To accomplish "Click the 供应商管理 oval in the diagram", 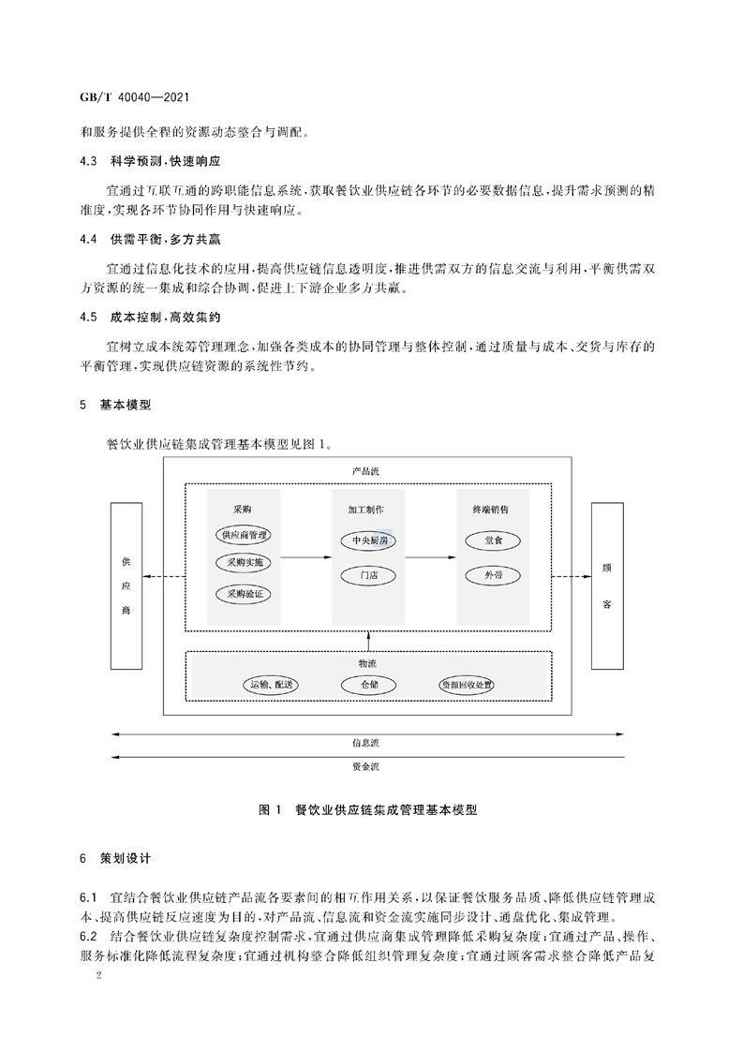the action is pos(245,535).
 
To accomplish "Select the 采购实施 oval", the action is pos(245,562).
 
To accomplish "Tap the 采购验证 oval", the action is pos(245,594).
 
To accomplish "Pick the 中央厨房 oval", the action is pos(369,540).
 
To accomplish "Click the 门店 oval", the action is pos(369,575).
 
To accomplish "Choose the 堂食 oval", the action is pos(493,540).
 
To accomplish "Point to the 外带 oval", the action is pos(493,575).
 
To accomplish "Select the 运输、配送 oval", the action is pos(270,685).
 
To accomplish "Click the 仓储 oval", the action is pos(369,685).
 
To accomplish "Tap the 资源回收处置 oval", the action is pos(467,685).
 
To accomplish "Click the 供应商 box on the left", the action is pos(126,585).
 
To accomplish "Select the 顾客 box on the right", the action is pos(607,585).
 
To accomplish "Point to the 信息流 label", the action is pos(366,743).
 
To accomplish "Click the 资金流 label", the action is pos(366,766).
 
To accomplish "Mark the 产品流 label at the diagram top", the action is pos(366,471).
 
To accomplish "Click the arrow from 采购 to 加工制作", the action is pos(306,557).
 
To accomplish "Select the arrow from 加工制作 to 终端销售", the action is pos(431,557).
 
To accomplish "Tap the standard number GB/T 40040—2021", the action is pos(135,97).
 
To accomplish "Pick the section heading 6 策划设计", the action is pos(115,859).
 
